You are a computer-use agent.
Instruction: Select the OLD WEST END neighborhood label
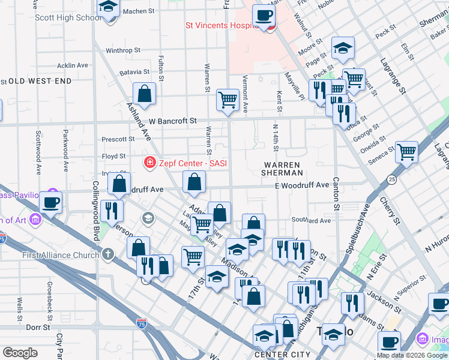coord(40,81)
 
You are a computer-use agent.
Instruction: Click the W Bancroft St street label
coord(173,121)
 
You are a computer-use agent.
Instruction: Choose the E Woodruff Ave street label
coord(302,185)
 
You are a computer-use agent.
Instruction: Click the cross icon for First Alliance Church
coord(108,256)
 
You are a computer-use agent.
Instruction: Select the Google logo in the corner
coord(20,353)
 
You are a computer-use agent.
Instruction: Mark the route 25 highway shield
coord(392,179)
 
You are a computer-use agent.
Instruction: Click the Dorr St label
coord(38,328)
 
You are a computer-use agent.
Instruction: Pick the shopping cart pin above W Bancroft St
coord(228,100)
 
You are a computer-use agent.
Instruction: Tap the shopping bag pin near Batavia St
coord(144,94)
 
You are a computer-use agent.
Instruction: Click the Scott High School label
coord(68,17)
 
